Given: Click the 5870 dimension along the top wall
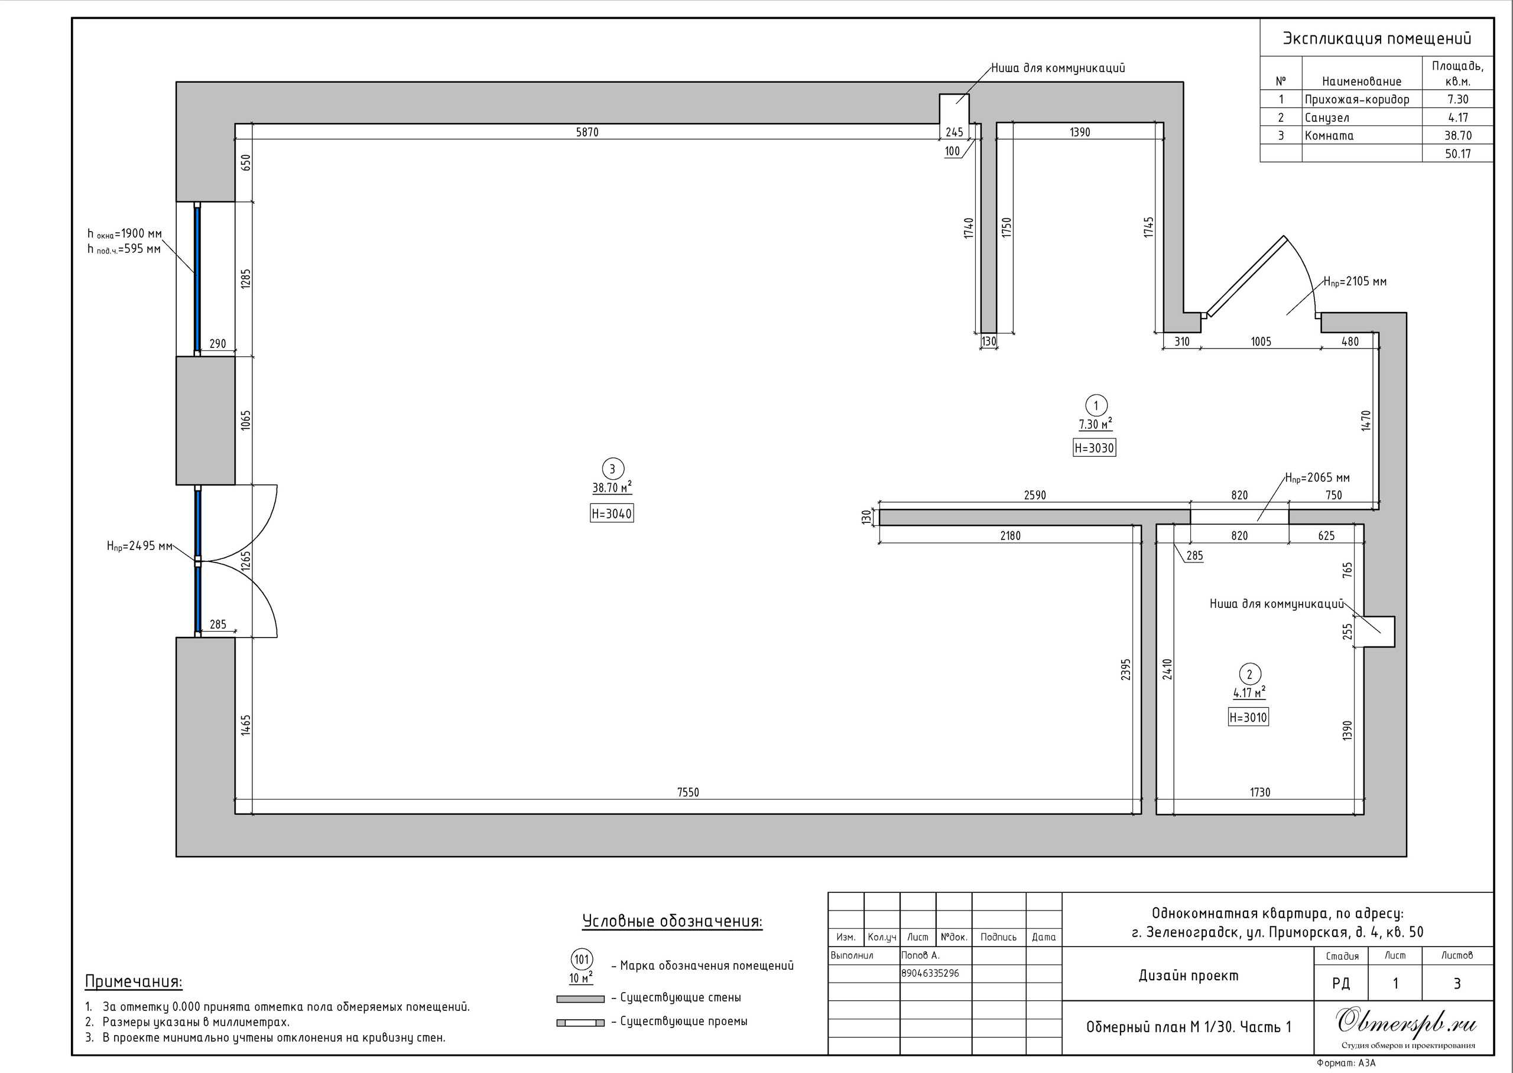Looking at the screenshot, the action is pyautogui.click(x=587, y=132).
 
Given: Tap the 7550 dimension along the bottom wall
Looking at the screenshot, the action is pyautogui.click(x=688, y=792).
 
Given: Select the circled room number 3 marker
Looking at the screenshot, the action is pyautogui.click(x=612, y=469).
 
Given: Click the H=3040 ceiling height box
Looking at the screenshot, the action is pyautogui.click(x=612, y=513).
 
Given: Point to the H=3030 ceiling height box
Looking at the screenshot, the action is pyautogui.click(x=1094, y=448).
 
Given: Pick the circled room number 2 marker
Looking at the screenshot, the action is pyautogui.click(x=1249, y=675).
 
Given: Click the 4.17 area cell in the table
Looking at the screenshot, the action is pyautogui.click(x=1457, y=118).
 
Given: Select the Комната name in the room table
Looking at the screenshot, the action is pyautogui.click(x=1329, y=135).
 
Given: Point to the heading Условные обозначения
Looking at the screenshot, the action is pyautogui.click(x=672, y=921).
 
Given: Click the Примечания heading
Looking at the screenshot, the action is pyautogui.click(x=134, y=982).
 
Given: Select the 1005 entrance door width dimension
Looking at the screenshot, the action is pyautogui.click(x=1261, y=342).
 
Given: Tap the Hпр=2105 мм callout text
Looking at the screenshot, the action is pyautogui.click(x=1355, y=281).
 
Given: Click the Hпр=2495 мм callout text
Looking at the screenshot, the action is pyautogui.click(x=139, y=546).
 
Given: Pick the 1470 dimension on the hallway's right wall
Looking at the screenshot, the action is pyautogui.click(x=1366, y=420).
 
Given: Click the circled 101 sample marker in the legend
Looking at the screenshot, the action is pyautogui.click(x=582, y=960).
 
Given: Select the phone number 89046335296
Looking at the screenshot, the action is pyautogui.click(x=930, y=973).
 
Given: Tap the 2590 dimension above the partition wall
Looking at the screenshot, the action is pyautogui.click(x=1035, y=495).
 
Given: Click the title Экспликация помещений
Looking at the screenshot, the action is pyautogui.click(x=1377, y=38).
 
